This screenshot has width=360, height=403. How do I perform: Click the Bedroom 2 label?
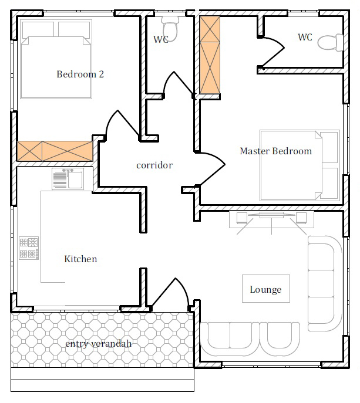(x=80, y=74)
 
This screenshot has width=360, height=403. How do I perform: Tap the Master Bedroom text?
(x=275, y=151)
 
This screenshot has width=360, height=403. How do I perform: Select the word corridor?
(x=154, y=165)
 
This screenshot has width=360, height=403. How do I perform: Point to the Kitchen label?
(x=80, y=259)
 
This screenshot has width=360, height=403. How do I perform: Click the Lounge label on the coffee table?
(x=265, y=290)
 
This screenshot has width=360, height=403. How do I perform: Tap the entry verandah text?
(x=98, y=344)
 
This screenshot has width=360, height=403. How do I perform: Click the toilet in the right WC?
(x=331, y=42)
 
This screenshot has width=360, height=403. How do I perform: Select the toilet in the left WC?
(x=170, y=29)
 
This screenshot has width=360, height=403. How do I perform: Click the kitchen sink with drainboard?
(x=68, y=179)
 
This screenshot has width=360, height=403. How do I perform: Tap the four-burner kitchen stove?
(x=29, y=248)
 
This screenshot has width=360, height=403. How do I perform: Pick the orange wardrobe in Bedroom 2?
(x=55, y=151)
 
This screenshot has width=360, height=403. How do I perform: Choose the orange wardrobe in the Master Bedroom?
(x=210, y=55)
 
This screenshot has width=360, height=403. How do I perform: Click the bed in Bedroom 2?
(x=56, y=59)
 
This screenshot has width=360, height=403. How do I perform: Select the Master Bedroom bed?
(x=300, y=165)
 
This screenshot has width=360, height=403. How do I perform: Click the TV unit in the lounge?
(x=271, y=220)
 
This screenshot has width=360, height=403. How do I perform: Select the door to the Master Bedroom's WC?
(x=272, y=52)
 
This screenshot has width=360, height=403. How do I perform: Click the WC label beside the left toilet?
(x=161, y=39)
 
